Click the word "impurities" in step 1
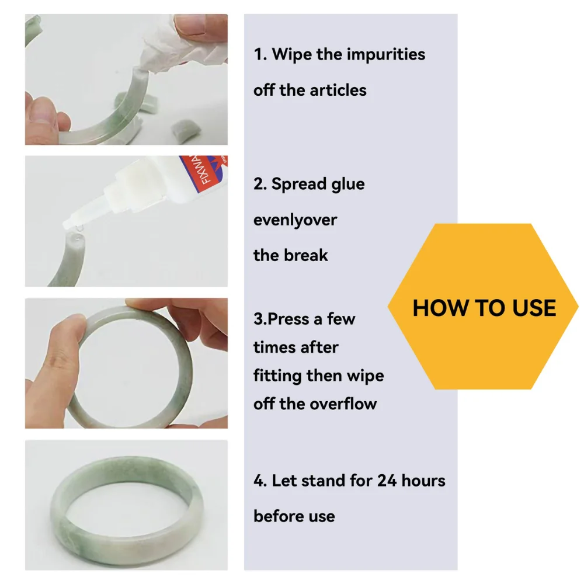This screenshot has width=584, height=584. (x=386, y=55)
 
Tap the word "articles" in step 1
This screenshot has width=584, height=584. (x=339, y=91)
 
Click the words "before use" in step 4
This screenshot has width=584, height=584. (x=294, y=516)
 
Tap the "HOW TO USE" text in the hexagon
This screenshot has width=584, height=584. (x=484, y=308)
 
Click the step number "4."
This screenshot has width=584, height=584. (x=260, y=481)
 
